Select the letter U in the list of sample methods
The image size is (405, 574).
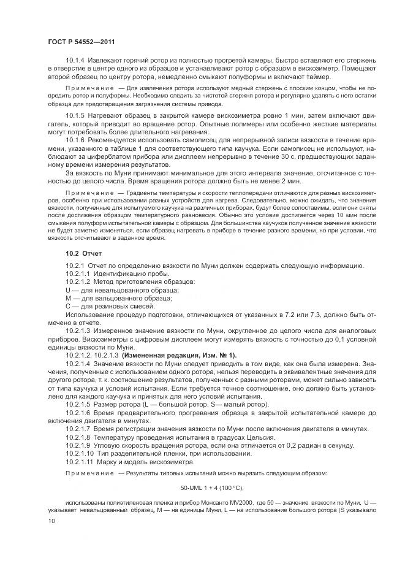pyautogui.click(x=68, y=289)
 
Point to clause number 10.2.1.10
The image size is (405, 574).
pyautogui.click(x=81, y=453)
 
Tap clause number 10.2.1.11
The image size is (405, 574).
pyautogui.click(x=81, y=461)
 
